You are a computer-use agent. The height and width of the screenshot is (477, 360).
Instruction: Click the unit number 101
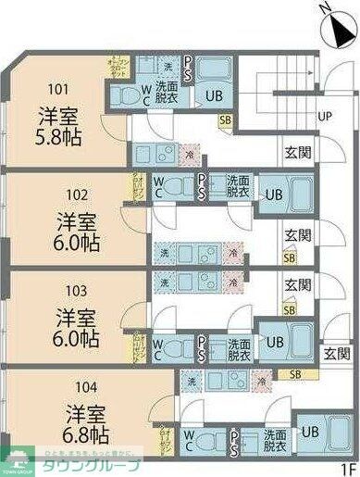[58, 90]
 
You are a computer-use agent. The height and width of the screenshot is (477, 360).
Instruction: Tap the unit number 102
[79, 195]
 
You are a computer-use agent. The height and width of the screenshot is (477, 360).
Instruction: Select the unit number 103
[78, 288]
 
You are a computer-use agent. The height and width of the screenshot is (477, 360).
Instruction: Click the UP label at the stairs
[325, 117]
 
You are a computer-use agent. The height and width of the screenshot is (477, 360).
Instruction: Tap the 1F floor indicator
[347, 468]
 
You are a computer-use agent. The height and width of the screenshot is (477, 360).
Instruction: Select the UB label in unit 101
[214, 95]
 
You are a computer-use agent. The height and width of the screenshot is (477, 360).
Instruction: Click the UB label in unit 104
[310, 433]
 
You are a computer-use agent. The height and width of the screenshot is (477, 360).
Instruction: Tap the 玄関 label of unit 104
[337, 353]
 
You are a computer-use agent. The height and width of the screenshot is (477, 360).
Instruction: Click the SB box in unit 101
[226, 120]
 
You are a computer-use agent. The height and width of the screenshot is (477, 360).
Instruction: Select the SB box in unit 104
[295, 374]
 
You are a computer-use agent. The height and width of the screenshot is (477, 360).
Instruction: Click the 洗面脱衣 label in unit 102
[238, 186]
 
